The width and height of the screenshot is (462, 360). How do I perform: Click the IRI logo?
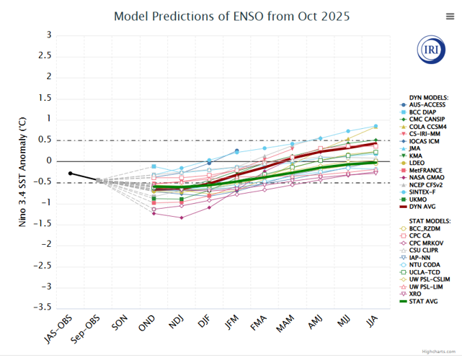click(431, 49)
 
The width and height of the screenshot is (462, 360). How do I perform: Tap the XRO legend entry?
click(417, 293)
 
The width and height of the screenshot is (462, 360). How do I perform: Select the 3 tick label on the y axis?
click(48, 35)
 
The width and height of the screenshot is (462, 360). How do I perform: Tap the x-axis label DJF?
click(203, 323)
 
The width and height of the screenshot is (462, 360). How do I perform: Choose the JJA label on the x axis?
click(369, 323)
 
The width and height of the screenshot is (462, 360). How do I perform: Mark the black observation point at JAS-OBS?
click(70, 174)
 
